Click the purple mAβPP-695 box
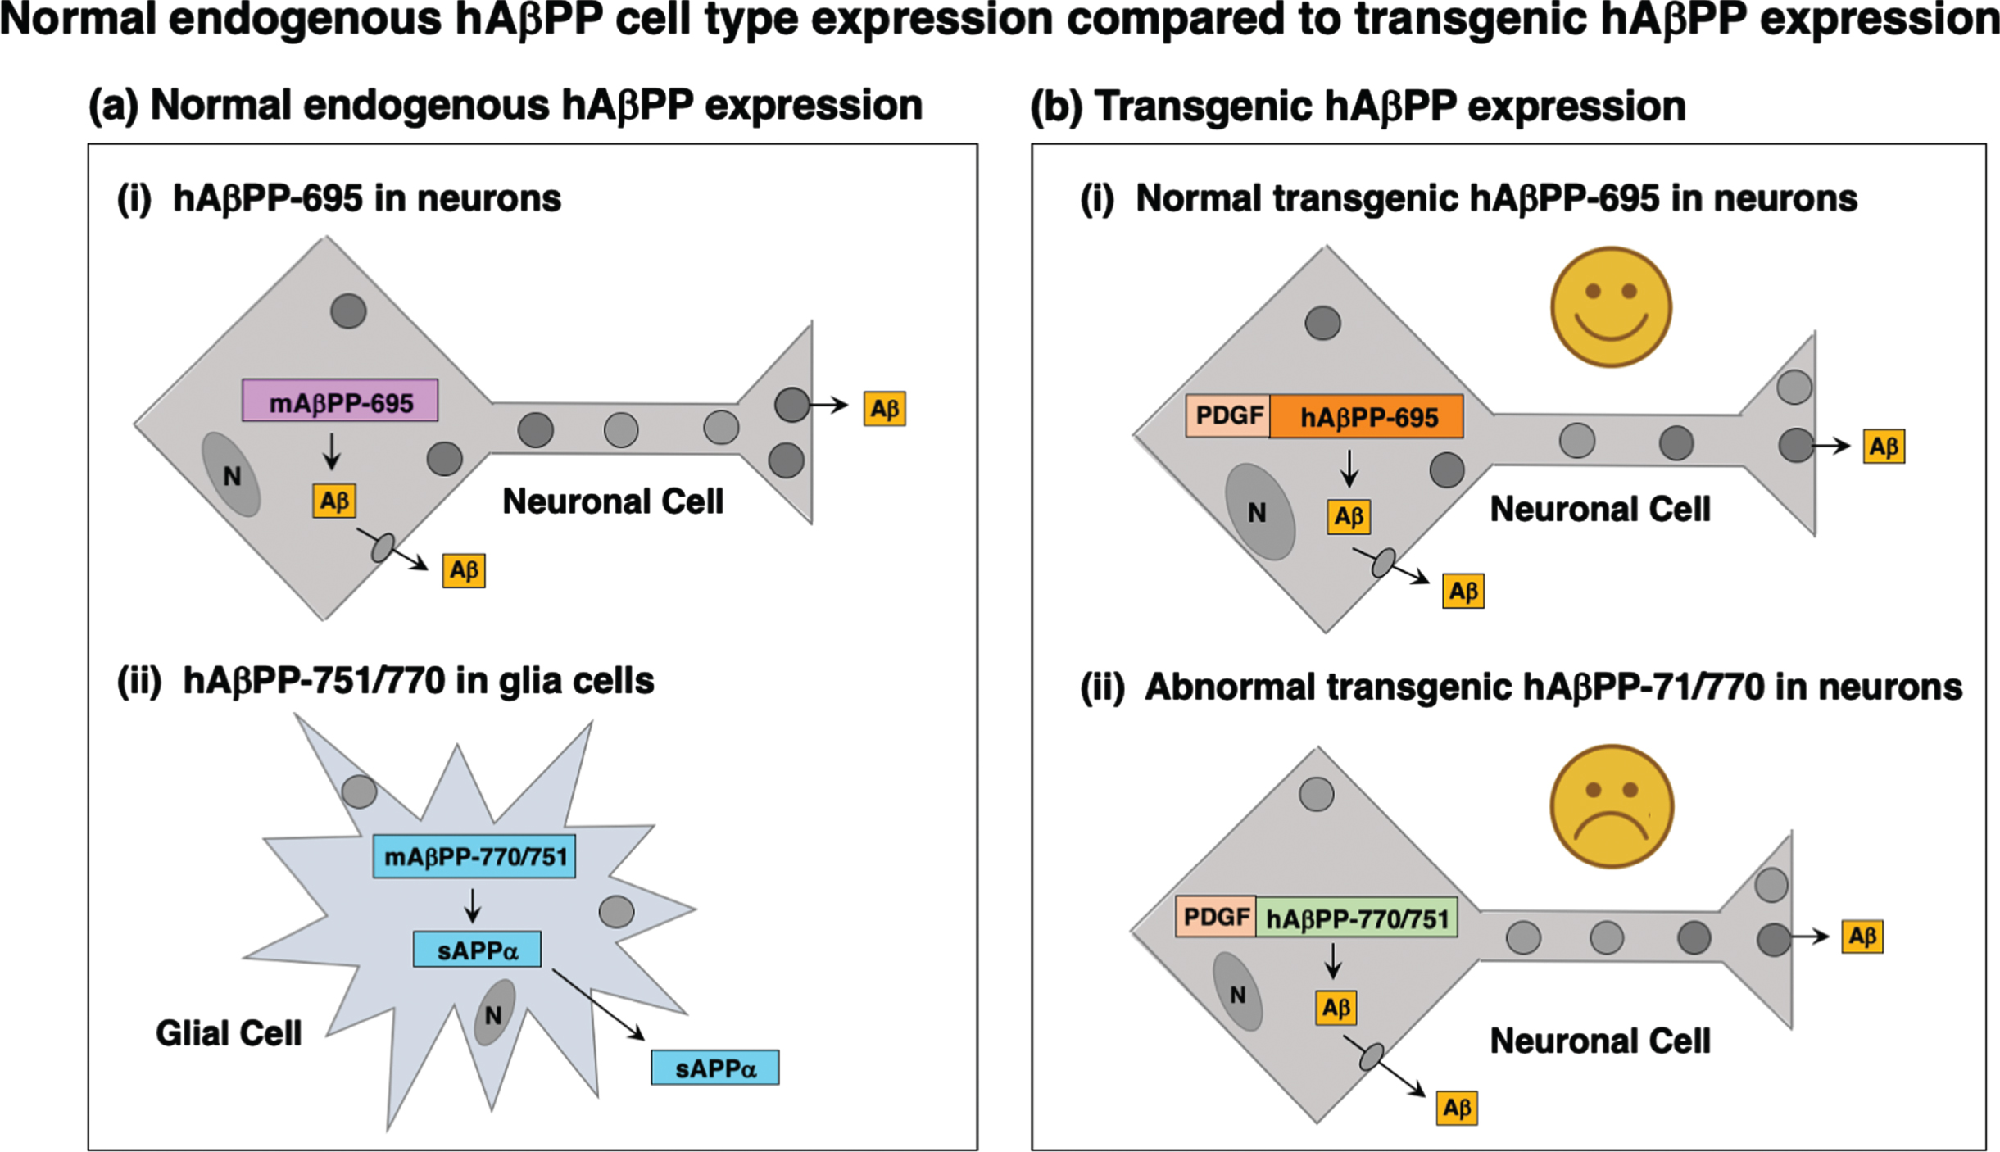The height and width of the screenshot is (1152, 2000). click(x=340, y=401)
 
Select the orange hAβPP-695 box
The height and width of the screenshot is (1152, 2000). click(x=1367, y=416)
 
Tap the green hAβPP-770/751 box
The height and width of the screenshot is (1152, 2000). click(x=1357, y=918)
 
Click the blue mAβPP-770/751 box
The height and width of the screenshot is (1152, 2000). click(x=474, y=856)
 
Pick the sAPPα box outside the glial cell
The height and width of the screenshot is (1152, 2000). click(x=715, y=1068)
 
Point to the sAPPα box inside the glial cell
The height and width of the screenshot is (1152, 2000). click(x=477, y=950)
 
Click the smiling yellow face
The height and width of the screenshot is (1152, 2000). click(x=1611, y=307)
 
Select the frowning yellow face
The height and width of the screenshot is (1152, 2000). click(x=1611, y=806)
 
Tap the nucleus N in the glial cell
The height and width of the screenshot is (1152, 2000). click(x=494, y=1013)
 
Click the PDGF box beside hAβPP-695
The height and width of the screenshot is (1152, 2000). click(x=1228, y=415)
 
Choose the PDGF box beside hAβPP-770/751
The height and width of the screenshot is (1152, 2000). click(x=1216, y=916)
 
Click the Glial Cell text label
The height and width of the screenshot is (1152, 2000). click(x=229, y=1033)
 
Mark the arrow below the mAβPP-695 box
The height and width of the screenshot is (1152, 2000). click(x=331, y=451)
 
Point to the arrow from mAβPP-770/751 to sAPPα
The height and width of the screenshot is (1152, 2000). click(x=472, y=905)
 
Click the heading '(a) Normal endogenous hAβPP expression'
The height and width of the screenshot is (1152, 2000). click(x=506, y=106)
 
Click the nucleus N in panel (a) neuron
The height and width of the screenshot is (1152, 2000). click(x=232, y=475)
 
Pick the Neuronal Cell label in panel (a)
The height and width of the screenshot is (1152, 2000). click(x=613, y=501)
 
